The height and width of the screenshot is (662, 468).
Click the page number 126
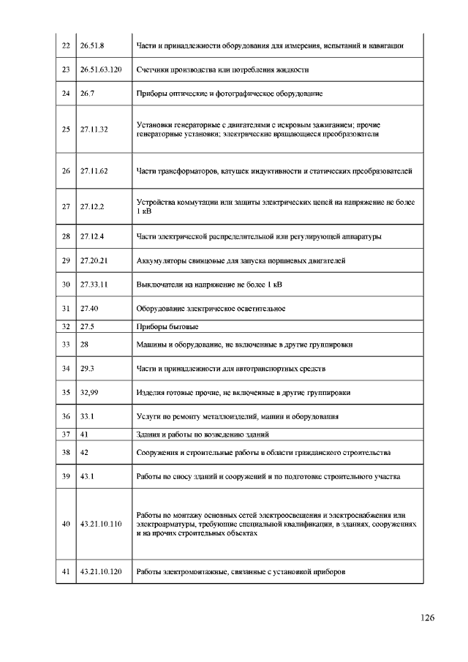coord(428,618)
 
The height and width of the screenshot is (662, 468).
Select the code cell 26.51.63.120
coord(101,69)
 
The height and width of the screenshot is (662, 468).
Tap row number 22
coord(66,46)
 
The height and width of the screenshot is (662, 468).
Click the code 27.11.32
coord(94,129)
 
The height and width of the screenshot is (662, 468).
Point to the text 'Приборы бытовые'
coord(167,326)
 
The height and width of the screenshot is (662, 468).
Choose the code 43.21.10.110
coord(101,524)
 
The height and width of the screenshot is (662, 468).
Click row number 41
coord(66,571)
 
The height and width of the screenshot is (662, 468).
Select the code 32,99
coord(89,392)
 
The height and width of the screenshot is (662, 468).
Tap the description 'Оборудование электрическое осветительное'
coord(211,309)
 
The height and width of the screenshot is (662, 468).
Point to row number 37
coord(66,434)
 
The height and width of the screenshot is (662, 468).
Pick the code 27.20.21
coord(94,260)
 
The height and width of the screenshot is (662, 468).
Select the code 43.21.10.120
coord(101,571)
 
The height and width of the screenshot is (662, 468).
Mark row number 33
coord(66,344)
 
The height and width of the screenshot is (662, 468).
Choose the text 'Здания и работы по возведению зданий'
coord(203,434)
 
